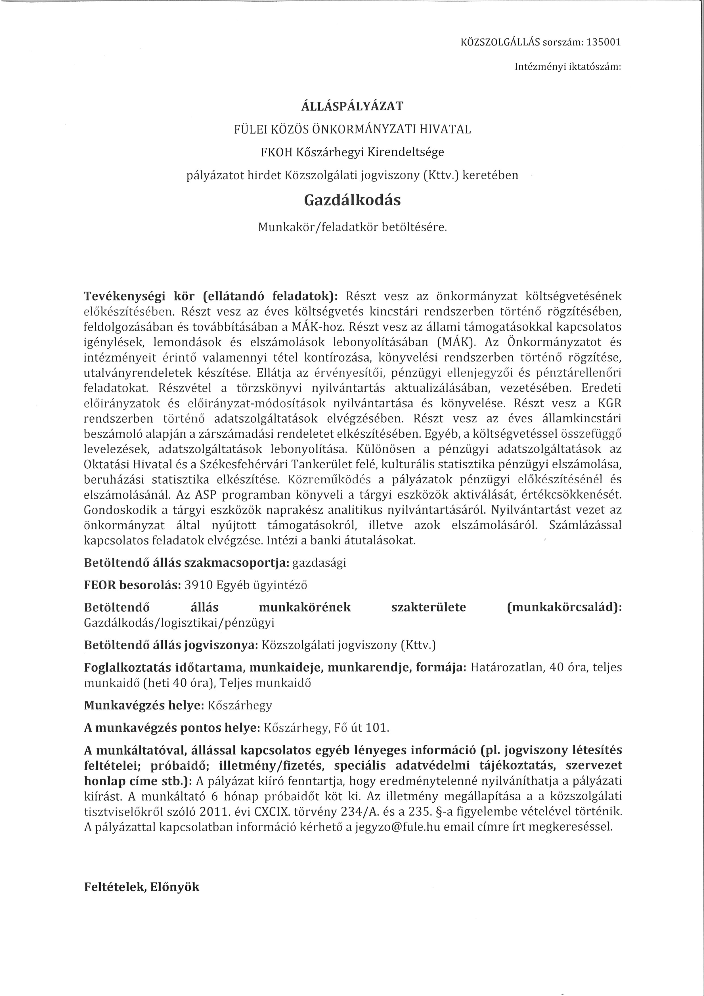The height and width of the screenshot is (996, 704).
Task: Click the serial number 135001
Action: tap(604, 43)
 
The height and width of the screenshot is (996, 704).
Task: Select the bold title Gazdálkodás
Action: tap(352, 200)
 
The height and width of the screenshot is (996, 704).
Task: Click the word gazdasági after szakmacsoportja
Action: tap(319, 563)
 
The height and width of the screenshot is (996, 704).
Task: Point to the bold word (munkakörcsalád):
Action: tap(564, 607)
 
